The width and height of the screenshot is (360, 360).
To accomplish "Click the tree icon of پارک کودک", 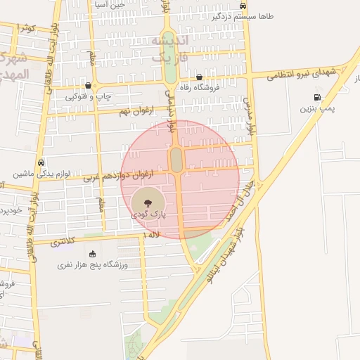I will click(146, 204).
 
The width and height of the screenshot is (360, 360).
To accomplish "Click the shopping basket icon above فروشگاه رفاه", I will click(200, 77).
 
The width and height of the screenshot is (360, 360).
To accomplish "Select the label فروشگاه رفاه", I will click(200, 88).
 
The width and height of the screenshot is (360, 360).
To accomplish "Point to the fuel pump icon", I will click(318, 98).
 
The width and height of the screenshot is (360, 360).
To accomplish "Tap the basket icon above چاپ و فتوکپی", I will click(88, 85).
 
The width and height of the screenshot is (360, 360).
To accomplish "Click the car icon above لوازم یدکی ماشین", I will click(41, 162).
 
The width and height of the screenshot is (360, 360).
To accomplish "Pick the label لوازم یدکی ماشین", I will click(41, 173).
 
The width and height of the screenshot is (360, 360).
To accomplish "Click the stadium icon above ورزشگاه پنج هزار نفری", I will click(93, 254).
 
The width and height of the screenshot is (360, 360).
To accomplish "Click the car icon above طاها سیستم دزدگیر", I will click(243, 5).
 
